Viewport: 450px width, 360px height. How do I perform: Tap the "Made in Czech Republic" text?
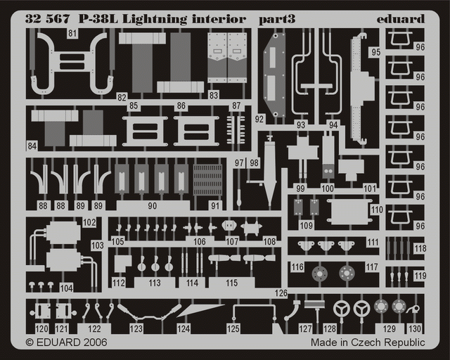tap(368, 342)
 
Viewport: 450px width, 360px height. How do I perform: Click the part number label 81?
tap(73, 33)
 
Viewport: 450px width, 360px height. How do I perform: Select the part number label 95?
tap(375, 52)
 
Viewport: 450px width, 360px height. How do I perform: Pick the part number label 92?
tap(259, 120)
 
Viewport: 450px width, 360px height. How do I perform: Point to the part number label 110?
tap(376, 210)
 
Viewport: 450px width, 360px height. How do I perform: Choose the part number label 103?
tap(97, 245)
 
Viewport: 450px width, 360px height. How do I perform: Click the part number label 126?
tap(281, 292)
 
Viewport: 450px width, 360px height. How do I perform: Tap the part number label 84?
tap(32, 146)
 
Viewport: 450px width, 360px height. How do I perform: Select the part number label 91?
tap(215, 205)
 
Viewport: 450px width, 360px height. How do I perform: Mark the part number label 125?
tap(233, 328)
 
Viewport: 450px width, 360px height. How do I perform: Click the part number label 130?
tap(415, 328)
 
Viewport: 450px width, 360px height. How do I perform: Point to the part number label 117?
tap(371, 267)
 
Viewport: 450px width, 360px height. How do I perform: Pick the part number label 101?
tap(371, 188)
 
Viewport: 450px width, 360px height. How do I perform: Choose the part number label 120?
tap(42, 328)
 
